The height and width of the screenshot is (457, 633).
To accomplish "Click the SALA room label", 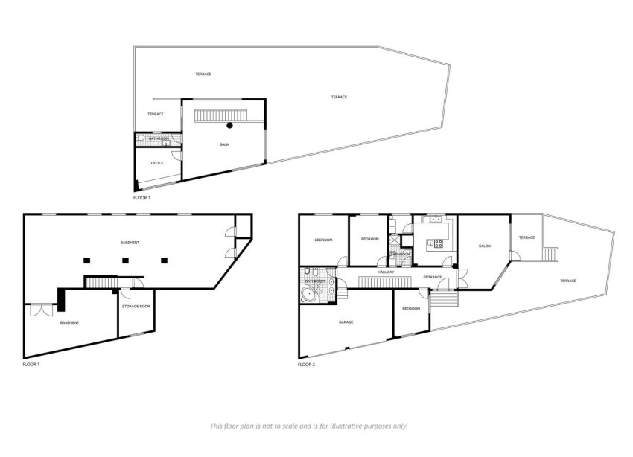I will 223,144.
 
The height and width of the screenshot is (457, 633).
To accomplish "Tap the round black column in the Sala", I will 231,125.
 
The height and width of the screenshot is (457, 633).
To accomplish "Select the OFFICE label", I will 157,163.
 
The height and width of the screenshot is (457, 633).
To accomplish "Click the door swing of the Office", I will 176,155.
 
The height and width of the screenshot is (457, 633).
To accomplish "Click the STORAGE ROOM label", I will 136,306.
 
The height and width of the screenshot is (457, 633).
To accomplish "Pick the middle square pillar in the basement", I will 125,261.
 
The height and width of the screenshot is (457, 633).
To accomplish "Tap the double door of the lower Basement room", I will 41,308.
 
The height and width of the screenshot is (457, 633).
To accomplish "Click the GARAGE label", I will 346,322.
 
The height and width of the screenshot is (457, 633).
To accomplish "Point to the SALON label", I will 484,246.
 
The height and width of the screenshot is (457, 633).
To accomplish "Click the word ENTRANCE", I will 433,278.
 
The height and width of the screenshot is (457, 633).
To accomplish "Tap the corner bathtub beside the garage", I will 308,295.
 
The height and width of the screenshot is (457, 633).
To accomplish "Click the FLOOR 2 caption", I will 306,365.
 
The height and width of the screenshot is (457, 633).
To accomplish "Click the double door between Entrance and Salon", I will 459,278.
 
